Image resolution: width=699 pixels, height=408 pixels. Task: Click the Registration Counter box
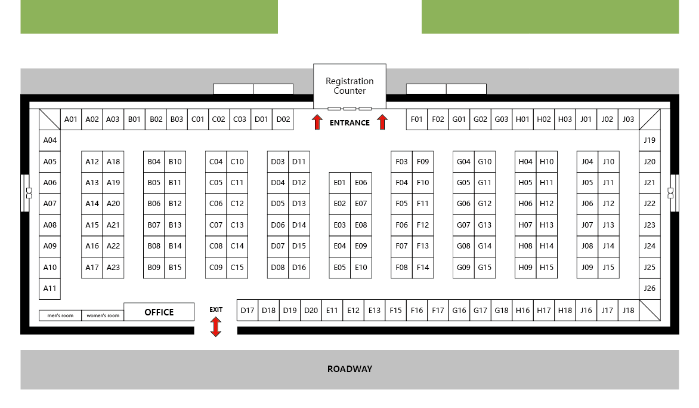pyautogui.click(x=349, y=86)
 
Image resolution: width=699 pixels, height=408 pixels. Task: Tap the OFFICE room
pyautogui.click(x=159, y=312)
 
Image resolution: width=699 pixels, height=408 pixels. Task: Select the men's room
pyautogui.click(x=60, y=315)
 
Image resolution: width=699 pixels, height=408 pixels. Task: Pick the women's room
pyautogui.click(x=103, y=315)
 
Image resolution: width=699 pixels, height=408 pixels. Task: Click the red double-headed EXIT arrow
pyautogui.click(x=216, y=326)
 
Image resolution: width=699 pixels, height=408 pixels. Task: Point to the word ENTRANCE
pyautogui.click(x=349, y=122)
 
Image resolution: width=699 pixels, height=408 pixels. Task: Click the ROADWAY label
pyautogui.click(x=349, y=369)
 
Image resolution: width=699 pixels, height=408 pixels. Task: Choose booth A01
pyautogui.click(x=71, y=119)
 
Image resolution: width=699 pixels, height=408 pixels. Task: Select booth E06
pyautogui.click(x=361, y=183)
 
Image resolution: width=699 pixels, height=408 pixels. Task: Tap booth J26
pyautogui.click(x=649, y=289)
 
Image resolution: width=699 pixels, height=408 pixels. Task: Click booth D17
pyautogui.click(x=248, y=310)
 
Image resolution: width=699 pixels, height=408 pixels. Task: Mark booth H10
pyautogui.click(x=546, y=162)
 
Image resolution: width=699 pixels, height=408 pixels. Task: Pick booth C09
pyautogui.click(x=216, y=268)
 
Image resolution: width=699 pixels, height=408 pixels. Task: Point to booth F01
pyautogui.click(x=417, y=119)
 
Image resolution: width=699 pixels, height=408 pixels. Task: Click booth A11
pyautogui.click(x=50, y=289)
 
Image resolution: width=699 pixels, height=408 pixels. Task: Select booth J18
pyautogui.click(x=629, y=310)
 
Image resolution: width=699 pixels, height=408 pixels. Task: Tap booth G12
pyautogui.click(x=484, y=204)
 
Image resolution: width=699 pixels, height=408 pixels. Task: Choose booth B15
pyautogui.click(x=175, y=268)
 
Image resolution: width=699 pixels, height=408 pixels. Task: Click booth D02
pyautogui.click(x=283, y=119)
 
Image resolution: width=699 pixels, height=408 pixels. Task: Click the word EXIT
pyautogui.click(x=216, y=309)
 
